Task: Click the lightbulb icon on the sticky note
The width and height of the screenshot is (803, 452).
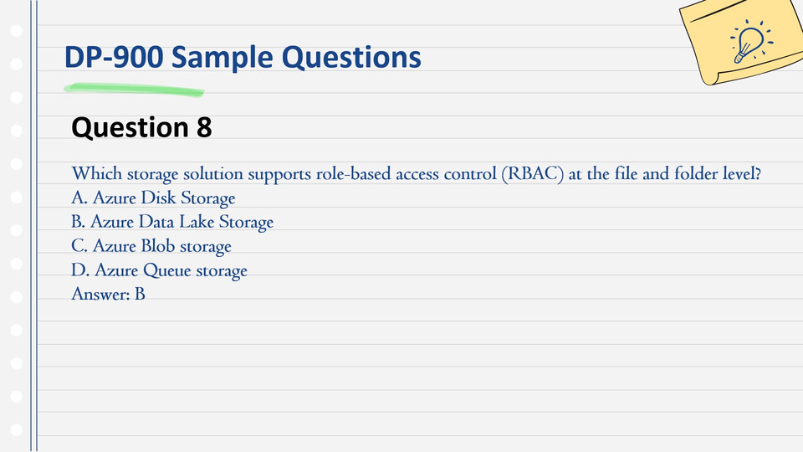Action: point(751,42)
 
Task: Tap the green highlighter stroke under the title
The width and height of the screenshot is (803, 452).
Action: point(134,90)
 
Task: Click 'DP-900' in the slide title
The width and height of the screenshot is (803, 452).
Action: point(114,57)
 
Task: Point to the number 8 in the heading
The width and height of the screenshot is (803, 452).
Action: point(204,127)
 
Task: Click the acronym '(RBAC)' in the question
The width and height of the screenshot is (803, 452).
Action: point(533,174)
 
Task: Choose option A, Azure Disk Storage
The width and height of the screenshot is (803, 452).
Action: point(153,198)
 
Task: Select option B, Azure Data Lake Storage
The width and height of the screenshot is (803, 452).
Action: point(172,222)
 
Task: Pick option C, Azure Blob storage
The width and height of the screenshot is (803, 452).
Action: point(151,246)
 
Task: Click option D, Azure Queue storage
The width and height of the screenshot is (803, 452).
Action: point(159,270)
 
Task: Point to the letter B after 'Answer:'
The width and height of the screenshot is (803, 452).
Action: point(140,294)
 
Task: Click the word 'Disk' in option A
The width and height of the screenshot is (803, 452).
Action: point(158,198)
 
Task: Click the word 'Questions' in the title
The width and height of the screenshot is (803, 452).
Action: point(351,58)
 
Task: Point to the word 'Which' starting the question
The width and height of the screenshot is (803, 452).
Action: point(97,174)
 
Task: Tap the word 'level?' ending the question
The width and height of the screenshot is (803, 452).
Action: point(742,174)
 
